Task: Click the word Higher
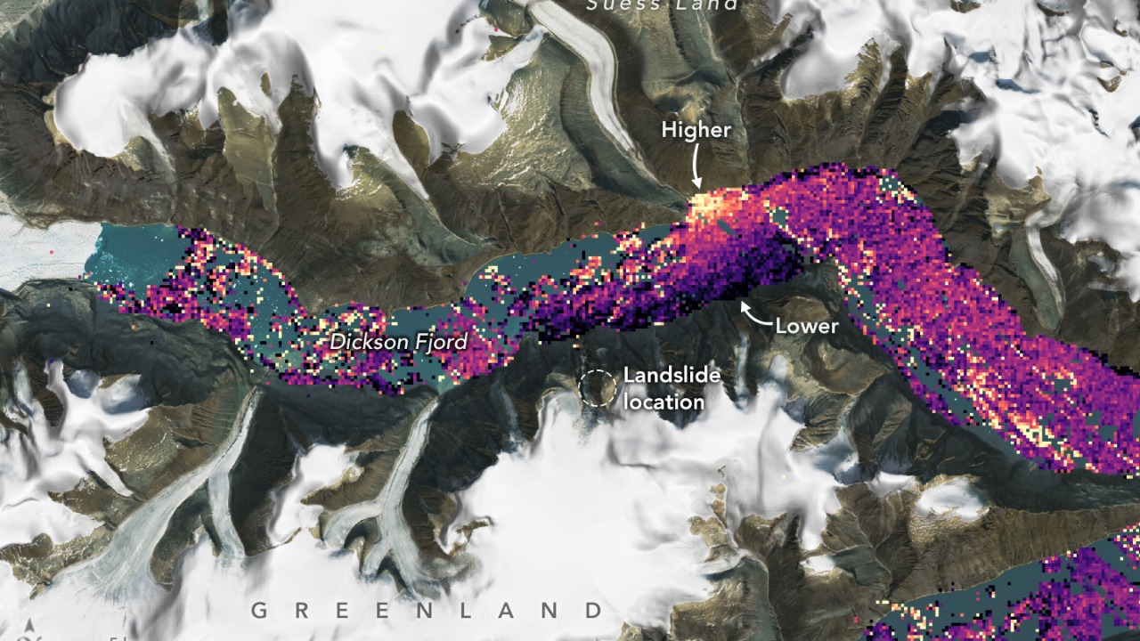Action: (696, 130)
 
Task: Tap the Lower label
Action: (806, 326)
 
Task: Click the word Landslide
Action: (672, 375)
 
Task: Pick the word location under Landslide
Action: (664, 402)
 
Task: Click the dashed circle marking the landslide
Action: (597, 389)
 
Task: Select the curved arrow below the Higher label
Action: (696, 167)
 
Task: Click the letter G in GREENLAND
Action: (259, 611)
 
